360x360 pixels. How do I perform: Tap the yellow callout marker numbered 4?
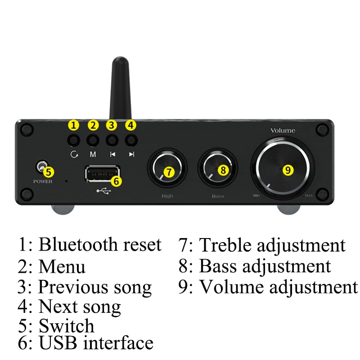pyautogui.click(x=130, y=125)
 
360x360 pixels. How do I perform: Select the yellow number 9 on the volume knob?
pyautogui.click(x=288, y=170)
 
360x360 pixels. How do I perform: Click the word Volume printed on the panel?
pyautogui.click(x=283, y=130)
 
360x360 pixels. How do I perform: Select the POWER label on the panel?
pyautogui.click(x=43, y=181)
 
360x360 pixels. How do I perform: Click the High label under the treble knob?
pyautogui.click(x=167, y=196)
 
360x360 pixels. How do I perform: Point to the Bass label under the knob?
pyautogui.click(x=218, y=196)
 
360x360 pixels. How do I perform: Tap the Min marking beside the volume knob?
pyautogui.click(x=256, y=195)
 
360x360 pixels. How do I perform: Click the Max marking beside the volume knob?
pyautogui.click(x=309, y=195)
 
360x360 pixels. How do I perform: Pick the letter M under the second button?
pyautogui.click(x=93, y=154)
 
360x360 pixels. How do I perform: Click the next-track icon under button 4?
pyautogui.click(x=131, y=154)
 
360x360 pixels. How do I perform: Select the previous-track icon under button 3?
pyautogui.click(x=112, y=154)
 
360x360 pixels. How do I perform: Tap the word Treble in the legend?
pyautogui.click(x=225, y=245)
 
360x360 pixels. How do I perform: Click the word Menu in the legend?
pyautogui.click(x=62, y=266)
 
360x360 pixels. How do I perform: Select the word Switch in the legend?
pyautogui.click(x=67, y=326)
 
